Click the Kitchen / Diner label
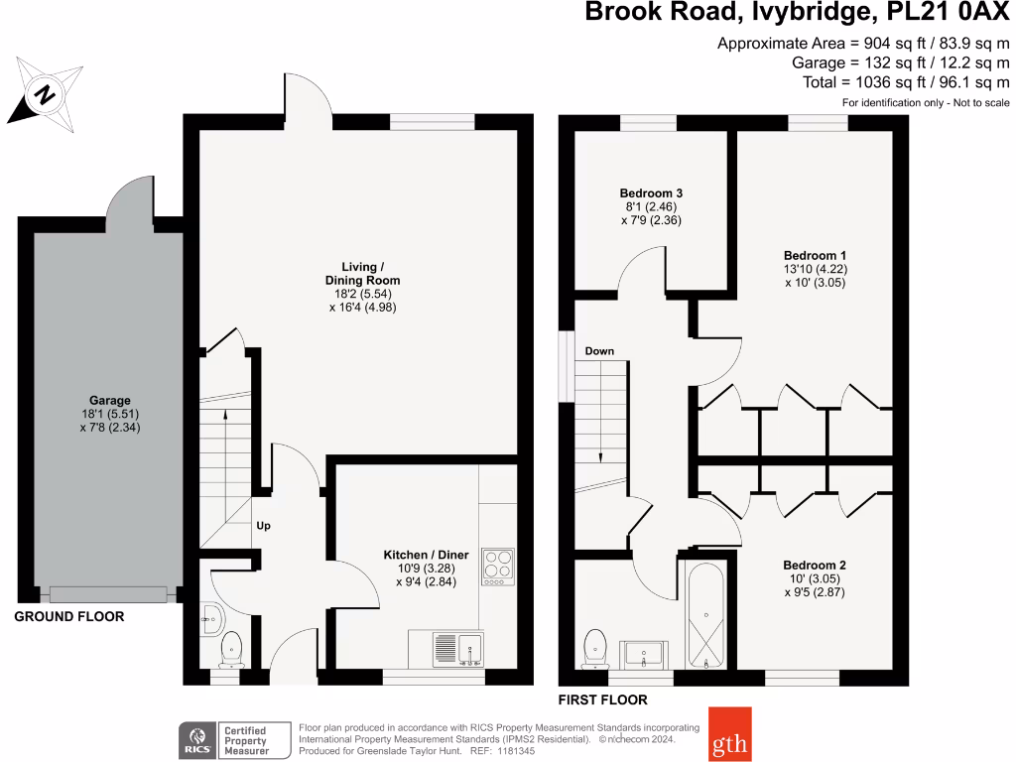coord(426,555)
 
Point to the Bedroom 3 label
coord(651,192)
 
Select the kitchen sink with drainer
coord(457,649)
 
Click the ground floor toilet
coord(231,648)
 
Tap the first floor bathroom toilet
coord(596,646)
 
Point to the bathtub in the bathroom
coord(706,615)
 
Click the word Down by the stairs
coord(600,351)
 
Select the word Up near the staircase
coord(264,526)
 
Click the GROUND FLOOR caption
coord(68,616)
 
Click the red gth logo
coord(729,733)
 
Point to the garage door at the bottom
coord(108,594)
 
